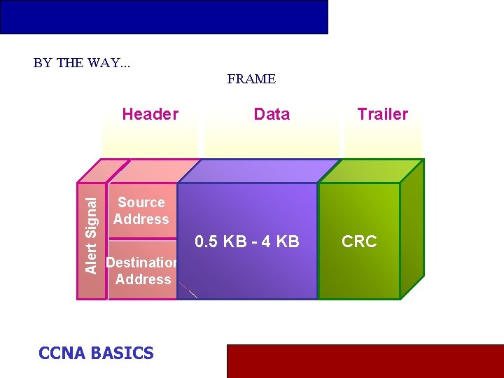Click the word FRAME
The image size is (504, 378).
pyautogui.click(x=251, y=79)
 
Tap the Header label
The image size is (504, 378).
pyautogui.click(x=150, y=114)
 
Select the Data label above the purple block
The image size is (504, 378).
pyautogui.click(x=272, y=114)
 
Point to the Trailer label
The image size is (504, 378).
pyautogui.click(x=382, y=114)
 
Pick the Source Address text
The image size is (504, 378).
pyautogui.click(x=141, y=211)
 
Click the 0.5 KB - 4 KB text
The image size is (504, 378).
pyautogui.click(x=247, y=241)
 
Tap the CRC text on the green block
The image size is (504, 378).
pyautogui.click(x=359, y=241)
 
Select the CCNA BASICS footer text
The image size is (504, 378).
pyautogui.click(x=96, y=353)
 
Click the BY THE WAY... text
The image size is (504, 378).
pyautogui.click(x=82, y=62)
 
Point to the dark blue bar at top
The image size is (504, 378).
pyautogui.click(x=164, y=17)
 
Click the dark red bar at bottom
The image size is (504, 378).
pyautogui.click(x=365, y=360)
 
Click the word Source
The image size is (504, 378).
pyautogui.click(x=141, y=202)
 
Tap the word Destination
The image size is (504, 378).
pyautogui.click(x=141, y=262)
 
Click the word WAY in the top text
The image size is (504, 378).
pyautogui.click(x=103, y=62)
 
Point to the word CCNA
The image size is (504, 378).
pyautogui.click(x=62, y=353)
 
